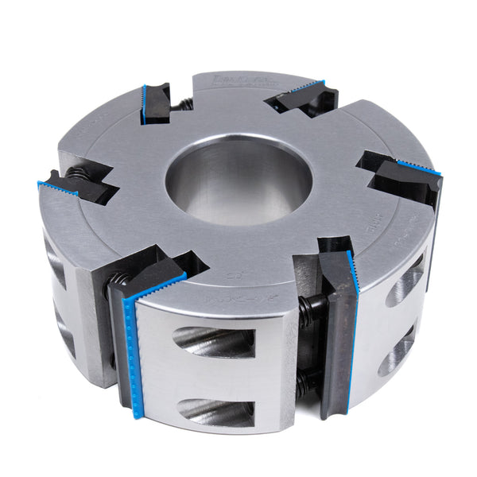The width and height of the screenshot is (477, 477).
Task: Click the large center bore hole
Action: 238,184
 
